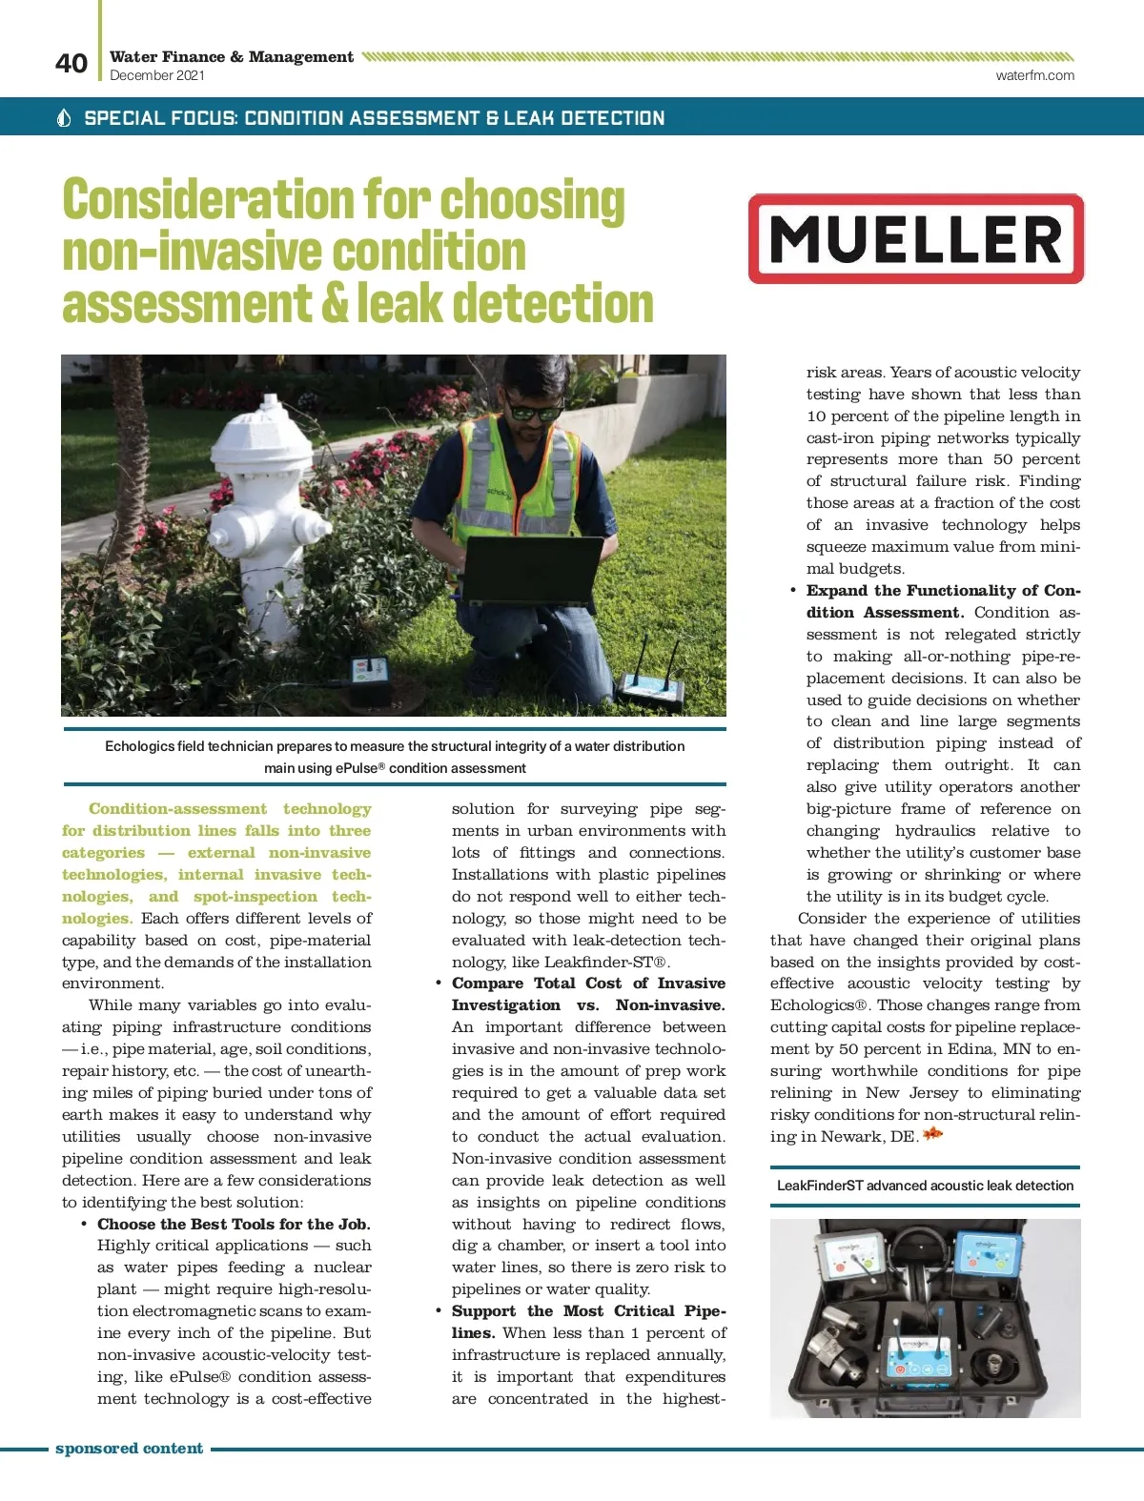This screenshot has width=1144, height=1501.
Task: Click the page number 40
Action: pyautogui.click(x=71, y=64)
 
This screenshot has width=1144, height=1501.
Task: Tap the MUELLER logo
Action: pyautogui.click(x=915, y=239)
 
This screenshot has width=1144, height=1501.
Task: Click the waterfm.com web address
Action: pyautogui.click(x=1034, y=75)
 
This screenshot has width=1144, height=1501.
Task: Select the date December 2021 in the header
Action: pyautogui.click(x=157, y=75)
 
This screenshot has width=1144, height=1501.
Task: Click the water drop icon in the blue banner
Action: pyautogui.click(x=65, y=118)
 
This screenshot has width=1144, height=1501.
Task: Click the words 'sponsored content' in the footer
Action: pyautogui.click(x=129, y=1449)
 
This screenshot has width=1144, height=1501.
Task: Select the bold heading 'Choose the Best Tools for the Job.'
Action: pyautogui.click(x=234, y=1224)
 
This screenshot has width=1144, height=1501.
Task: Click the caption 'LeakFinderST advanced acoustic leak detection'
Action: pyautogui.click(x=925, y=1186)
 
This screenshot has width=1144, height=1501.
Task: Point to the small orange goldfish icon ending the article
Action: pyautogui.click(x=932, y=1134)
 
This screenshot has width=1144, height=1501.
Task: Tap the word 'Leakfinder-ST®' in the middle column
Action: pyautogui.click(x=606, y=962)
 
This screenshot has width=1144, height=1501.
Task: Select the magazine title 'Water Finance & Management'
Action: pyautogui.click(x=232, y=56)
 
